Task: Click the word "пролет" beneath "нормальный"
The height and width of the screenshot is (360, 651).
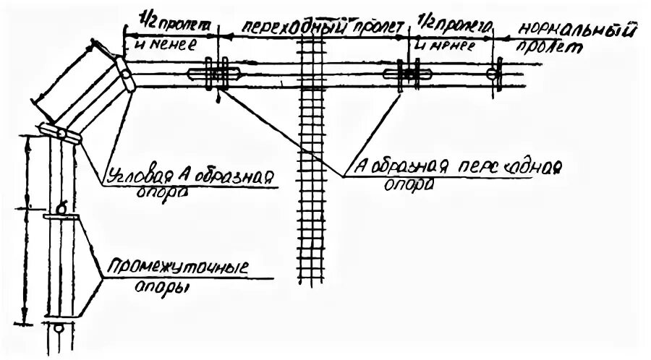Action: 557,48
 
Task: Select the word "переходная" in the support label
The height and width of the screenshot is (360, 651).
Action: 503,167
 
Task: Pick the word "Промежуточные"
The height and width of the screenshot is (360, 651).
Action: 177,268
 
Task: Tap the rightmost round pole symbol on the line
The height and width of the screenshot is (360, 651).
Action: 494,73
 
